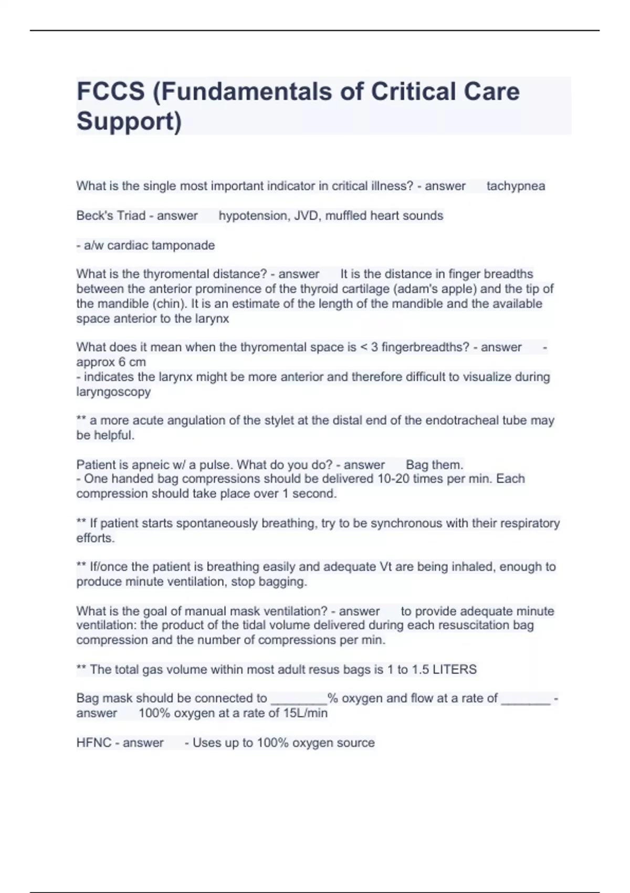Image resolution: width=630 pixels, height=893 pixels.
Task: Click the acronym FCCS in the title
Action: tap(110, 91)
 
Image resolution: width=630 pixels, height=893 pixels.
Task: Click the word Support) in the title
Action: tap(129, 121)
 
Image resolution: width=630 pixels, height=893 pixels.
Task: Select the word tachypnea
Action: tap(516, 186)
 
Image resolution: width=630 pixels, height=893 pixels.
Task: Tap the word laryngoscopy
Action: tap(113, 392)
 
